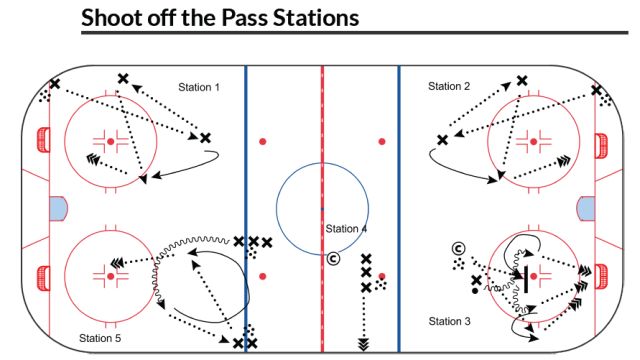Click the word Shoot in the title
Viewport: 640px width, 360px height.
[113, 17]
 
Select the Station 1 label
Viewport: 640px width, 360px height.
[199, 87]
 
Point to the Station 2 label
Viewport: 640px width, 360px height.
[449, 87]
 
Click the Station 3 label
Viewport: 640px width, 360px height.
[449, 321]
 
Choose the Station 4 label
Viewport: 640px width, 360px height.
[346, 230]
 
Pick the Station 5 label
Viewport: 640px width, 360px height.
[100, 339]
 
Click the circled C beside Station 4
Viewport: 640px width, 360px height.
[334, 259]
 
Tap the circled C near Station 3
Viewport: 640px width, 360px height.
[457, 248]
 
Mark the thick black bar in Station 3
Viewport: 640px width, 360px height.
[525, 275]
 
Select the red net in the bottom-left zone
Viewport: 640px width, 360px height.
[41, 275]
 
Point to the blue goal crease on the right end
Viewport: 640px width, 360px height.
[582, 209]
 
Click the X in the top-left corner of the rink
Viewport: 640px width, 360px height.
[54, 85]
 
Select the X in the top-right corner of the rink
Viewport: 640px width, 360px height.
[596, 90]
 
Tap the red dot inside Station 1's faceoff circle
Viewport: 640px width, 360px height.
[111, 141]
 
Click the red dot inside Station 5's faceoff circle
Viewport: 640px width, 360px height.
[111, 275]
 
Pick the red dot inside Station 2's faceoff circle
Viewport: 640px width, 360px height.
[531, 141]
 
